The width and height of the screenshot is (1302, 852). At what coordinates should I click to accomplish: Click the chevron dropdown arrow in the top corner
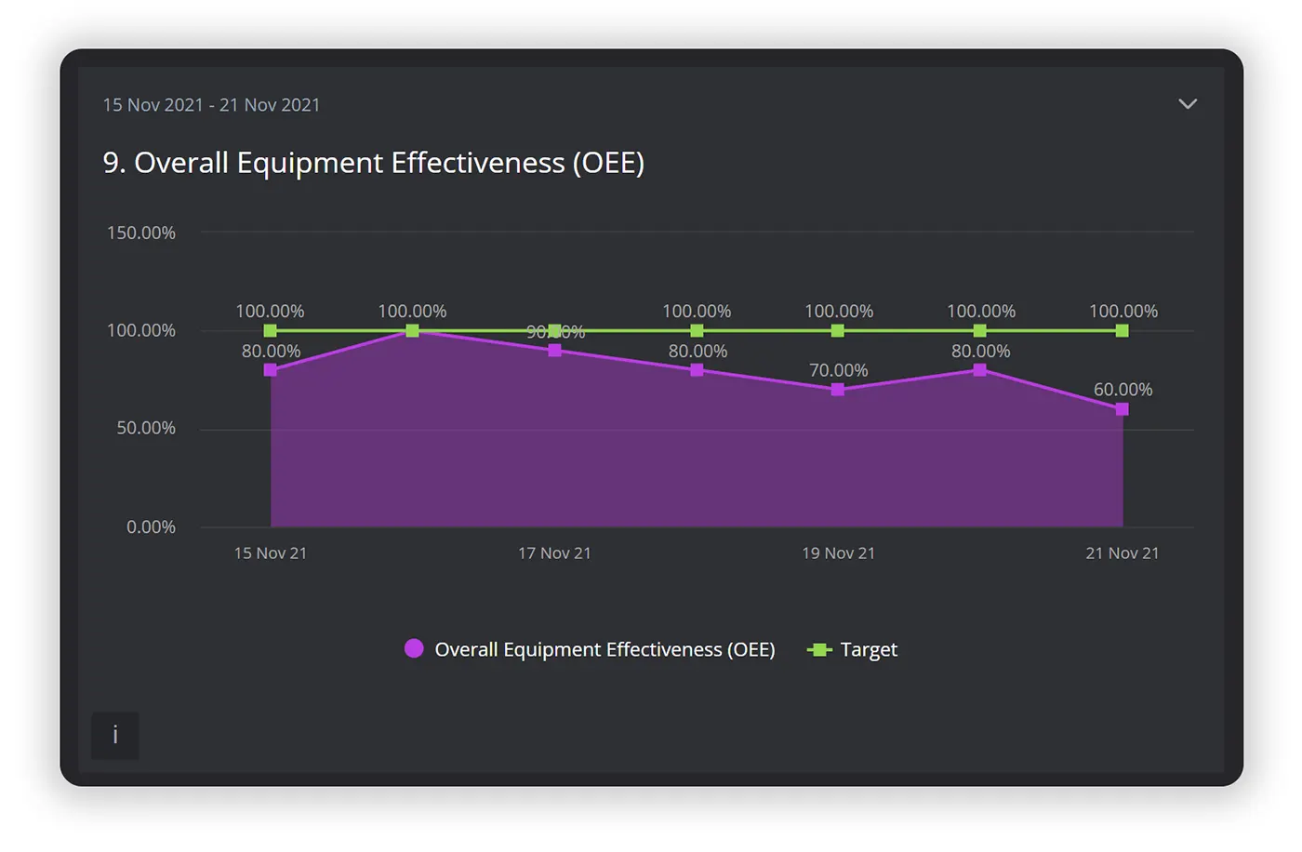pos(1188,104)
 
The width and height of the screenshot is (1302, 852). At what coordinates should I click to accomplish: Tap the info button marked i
pos(115,735)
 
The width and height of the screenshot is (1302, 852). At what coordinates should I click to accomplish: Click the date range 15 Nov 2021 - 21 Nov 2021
pos(211,105)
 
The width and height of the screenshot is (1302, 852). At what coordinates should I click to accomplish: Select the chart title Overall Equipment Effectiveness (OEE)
pos(373,163)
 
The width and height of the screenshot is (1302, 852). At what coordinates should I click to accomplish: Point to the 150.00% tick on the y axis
pos(141,233)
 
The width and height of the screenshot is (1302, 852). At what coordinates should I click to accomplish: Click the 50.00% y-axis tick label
pos(146,428)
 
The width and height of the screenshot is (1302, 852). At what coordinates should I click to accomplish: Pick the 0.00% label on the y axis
pos(151,526)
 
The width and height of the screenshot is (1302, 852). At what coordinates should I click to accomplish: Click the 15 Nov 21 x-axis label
pos(270,552)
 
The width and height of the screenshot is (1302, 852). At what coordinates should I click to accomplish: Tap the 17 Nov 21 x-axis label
pos(554,552)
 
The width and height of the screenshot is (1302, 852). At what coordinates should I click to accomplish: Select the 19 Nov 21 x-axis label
pos(838,552)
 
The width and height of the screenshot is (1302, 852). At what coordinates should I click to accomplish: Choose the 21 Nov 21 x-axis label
pos(1122,552)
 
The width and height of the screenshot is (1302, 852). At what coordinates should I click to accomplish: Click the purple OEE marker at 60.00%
pos(1122,409)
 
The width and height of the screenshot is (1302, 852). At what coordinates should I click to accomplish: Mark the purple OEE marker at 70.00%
pos(838,390)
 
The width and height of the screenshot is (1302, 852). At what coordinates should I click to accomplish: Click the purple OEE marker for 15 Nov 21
pos(271,370)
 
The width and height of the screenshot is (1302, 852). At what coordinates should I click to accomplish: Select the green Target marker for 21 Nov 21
pos(1122,331)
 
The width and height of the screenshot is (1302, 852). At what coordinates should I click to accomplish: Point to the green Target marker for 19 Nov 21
pos(838,331)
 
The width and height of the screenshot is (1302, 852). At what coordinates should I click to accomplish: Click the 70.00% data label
pos(838,370)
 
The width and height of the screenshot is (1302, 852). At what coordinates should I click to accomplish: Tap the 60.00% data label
pos(1123,390)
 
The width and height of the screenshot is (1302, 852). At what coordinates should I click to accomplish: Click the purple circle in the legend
pos(414,648)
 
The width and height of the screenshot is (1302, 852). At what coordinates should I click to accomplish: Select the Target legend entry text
pos(869,649)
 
